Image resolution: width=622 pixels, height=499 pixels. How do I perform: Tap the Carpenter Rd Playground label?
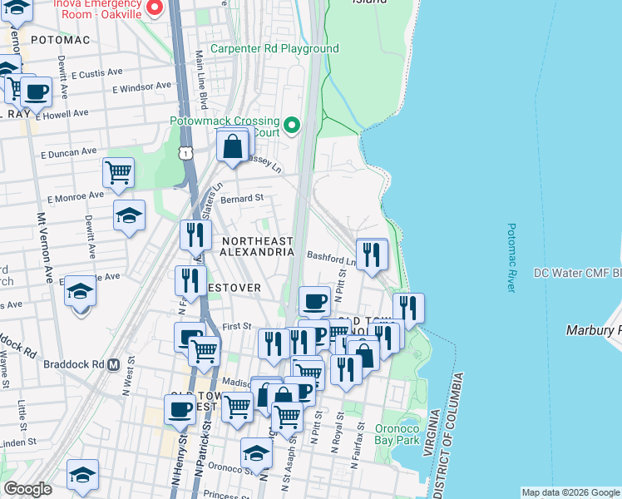pos(274,49)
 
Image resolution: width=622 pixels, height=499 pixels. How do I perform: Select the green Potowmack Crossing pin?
pos(291,126)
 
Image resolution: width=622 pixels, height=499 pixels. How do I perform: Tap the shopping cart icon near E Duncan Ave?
pos(118,172)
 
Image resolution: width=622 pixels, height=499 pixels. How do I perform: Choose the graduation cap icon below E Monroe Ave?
pos(129,216)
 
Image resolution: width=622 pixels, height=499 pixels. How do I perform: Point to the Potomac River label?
pos(511,258)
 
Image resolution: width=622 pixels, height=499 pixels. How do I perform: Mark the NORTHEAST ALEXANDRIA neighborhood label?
pos(258,245)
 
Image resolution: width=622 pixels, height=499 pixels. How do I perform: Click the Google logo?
pos(27,489)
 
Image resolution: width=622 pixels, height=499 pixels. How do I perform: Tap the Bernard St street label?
pos(241,199)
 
